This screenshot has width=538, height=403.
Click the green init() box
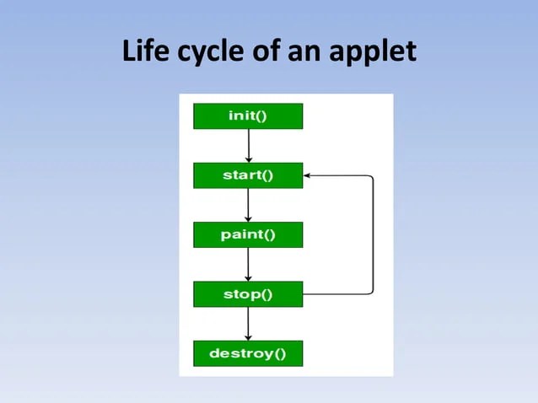[x=248, y=116]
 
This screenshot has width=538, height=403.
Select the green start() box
[x=248, y=175]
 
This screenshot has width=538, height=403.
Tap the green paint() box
[x=248, y=234]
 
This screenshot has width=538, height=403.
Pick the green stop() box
[x=248, y=294]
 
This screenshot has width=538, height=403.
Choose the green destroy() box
[x=248, y=353]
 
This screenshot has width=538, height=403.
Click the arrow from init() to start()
[x=248, y=146]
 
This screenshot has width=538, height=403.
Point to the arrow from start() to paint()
[x=248, y=205]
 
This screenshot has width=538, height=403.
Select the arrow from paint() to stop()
[x=248, y=265]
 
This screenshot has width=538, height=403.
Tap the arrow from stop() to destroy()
[x=248, y=322]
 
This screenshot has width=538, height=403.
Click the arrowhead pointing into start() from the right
[x=308, y=175]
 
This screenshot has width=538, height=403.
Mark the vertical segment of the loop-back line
[x=373, y=234]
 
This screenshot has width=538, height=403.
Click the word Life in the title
[x=143, y=52]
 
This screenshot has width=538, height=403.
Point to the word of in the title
[x=269, y=52]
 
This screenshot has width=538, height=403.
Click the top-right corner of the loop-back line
[x=372, y=176]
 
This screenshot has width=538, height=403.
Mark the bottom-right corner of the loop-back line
[x=372, y=293]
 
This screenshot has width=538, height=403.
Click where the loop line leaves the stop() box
[x=304, y=294]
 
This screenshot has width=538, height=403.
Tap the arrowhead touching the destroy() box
[x=248, y=336]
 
